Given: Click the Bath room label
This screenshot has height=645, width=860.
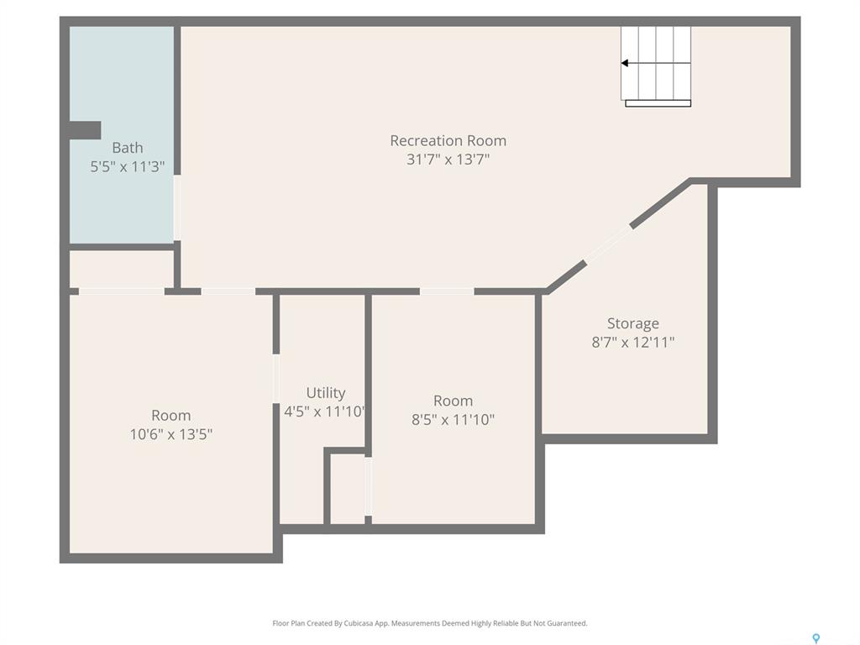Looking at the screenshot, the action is point(128,148).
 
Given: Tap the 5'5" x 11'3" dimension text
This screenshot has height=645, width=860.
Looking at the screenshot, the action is point(128,167).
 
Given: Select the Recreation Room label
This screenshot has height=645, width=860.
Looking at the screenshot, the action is point(448,141).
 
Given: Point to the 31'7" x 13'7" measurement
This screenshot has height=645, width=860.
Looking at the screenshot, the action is point(448,160).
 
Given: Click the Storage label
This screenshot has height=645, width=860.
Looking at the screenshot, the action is point(633,324).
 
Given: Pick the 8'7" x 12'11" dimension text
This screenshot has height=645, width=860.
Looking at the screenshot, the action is point(633,343).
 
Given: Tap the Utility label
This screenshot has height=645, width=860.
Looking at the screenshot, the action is point(326,393).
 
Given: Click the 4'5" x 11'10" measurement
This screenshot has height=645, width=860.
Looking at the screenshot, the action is point(324,412).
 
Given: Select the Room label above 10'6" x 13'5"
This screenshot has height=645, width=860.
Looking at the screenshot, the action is point(171,416).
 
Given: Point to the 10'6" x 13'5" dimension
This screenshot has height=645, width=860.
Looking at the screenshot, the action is point(171,434).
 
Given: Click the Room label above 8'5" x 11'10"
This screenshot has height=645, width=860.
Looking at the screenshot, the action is point(453,401).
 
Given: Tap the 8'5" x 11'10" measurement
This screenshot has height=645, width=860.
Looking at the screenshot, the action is point(453,420).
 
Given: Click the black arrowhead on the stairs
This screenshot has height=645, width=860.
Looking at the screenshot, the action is point(624,63).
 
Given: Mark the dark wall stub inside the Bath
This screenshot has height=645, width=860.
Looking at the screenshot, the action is point(85,130).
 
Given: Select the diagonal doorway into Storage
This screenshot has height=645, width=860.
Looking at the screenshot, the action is point(608,244).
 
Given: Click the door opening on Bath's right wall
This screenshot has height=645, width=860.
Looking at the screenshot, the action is point(177,208).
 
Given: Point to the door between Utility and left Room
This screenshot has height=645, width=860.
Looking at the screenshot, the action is point(275,379).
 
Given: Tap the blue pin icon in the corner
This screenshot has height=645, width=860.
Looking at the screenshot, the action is point(816,638).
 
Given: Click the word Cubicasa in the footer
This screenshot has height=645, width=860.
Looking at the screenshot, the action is point(359,623).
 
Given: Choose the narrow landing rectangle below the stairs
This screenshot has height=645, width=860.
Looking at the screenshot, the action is point(658,103).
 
